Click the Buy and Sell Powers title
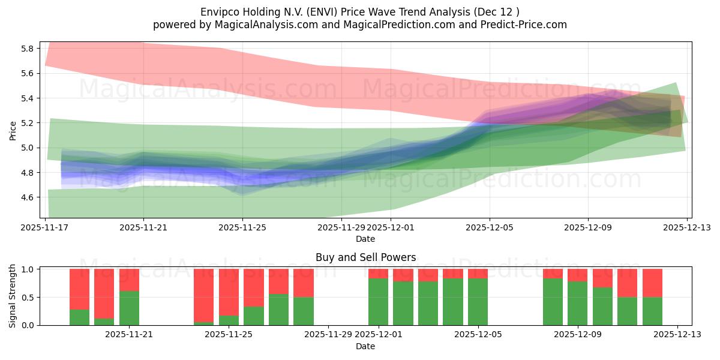[365, 257]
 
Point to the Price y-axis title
[13, 130]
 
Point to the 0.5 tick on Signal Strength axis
[27, 298]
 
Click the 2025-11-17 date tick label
[45, 228]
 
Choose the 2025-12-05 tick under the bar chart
[478, 335]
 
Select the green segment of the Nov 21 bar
[129, 308]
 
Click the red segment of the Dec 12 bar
[652, 283]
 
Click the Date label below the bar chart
[365, 346]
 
